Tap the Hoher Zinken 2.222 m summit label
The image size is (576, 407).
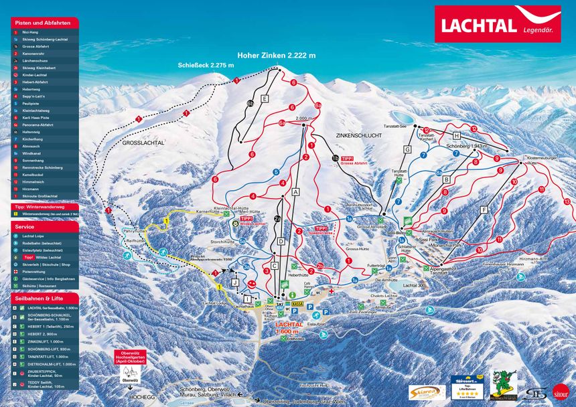point(276,56)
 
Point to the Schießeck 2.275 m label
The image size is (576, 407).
point(206,66)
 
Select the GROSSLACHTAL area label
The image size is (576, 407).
point(143,143)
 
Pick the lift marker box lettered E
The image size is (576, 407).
point(265,99)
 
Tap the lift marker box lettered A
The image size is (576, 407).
point(294,191)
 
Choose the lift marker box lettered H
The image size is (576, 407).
point(455,136)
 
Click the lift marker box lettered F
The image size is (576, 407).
point(484,210)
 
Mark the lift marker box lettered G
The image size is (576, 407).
point(407,149)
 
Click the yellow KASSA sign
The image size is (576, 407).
point(297,303)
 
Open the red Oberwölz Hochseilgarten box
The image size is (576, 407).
point(127,357)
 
